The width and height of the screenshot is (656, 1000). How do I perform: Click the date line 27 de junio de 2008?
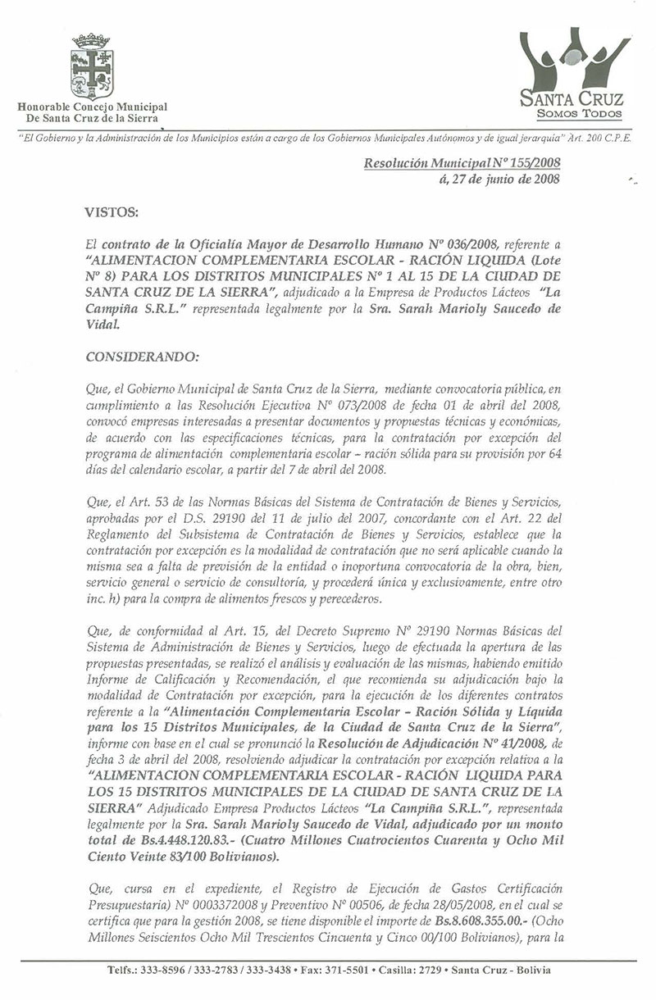[x=500, y=180]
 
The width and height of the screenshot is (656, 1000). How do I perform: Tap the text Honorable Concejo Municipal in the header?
[x=93, y=107]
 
